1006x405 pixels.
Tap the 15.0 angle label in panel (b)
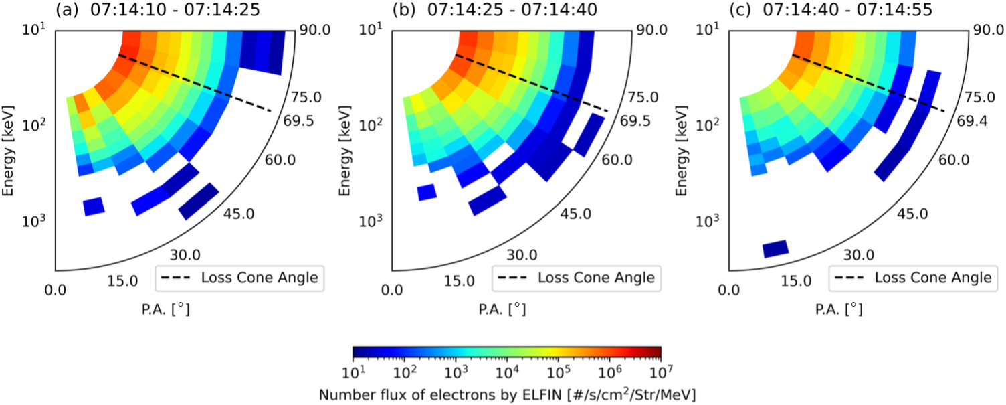point(460,280)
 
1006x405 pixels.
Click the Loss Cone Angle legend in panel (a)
point(239,277)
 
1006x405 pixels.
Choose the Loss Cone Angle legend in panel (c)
point(912,277)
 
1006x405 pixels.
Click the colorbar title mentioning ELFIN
point(506,395)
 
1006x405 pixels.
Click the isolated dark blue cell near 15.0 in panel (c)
point(776,249)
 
